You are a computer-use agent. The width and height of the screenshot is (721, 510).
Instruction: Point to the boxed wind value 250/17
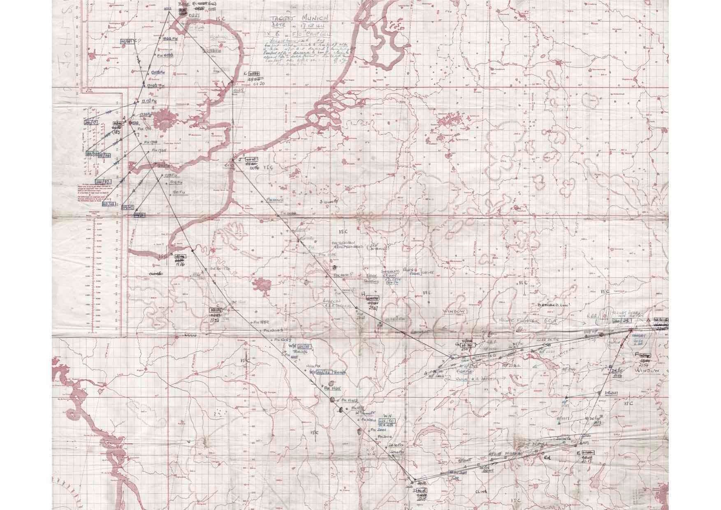pos(90,122)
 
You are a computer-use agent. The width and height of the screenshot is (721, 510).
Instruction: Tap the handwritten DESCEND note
pos(553,306)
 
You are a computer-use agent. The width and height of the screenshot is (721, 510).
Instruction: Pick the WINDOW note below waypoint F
pos(647,371)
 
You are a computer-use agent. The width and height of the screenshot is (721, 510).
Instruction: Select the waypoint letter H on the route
pos(363,294)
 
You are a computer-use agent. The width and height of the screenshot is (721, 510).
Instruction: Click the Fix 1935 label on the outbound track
pos(332,388)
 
